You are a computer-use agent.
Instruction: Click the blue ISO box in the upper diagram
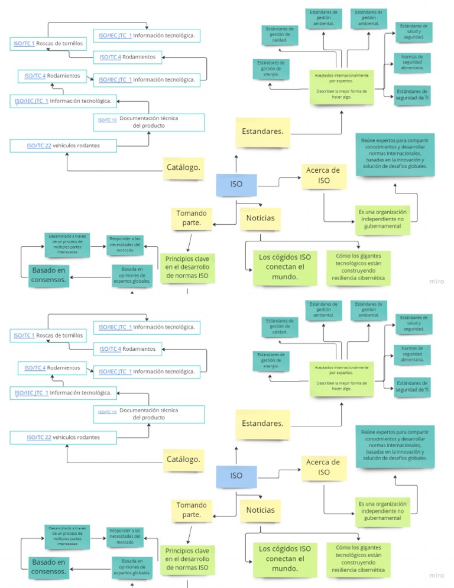[236, 185]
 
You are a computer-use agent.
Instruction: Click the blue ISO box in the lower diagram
[236, 476]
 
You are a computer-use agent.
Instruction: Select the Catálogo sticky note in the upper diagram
[184, 167]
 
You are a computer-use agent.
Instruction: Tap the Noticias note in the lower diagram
[260, 510]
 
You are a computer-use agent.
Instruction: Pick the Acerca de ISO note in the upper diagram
[323, 176]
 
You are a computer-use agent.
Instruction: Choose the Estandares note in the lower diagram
[262, 424]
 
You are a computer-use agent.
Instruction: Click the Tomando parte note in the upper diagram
[192, 218]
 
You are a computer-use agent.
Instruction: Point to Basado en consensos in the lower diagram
[49, 567]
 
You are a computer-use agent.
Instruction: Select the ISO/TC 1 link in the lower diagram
[24, 335]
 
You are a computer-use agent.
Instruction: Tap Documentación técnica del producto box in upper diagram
[148, 122]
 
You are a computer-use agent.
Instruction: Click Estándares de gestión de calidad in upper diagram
[280, 35]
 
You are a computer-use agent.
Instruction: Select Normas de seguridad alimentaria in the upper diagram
[412, 63]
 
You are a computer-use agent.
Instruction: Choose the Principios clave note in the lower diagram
[187, 559]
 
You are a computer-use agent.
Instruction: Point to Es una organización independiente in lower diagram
[382, 511]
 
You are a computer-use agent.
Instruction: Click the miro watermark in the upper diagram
[436, 282]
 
